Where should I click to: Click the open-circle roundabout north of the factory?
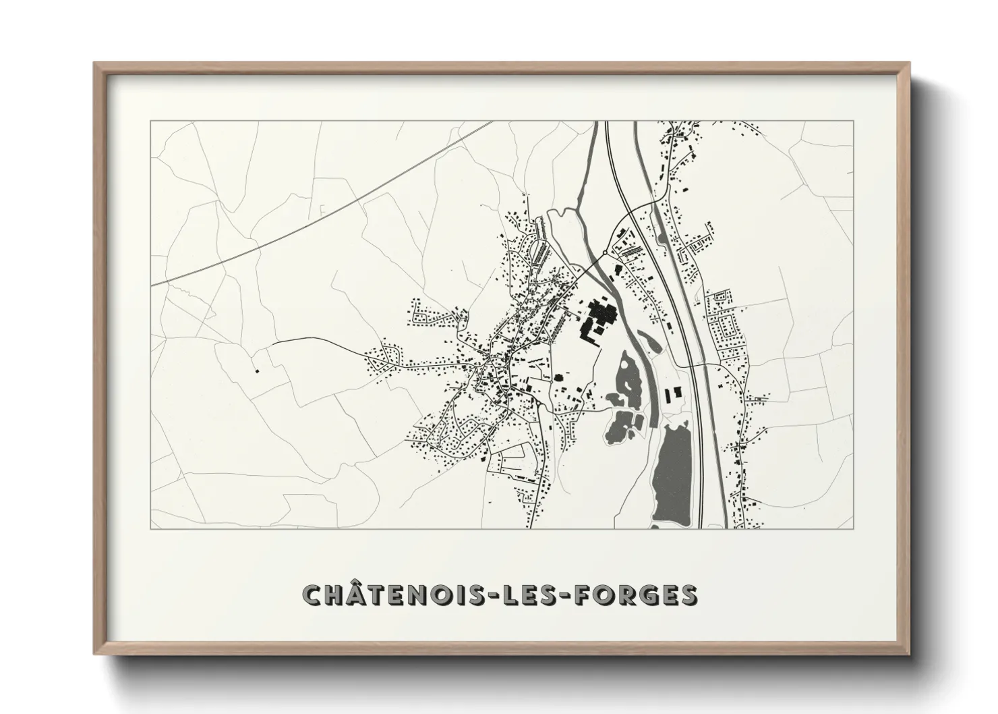pyautogui.click(x=604, y=254)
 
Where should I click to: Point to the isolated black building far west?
pyautogui.click(x=256, y=370)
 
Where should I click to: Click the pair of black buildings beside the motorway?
pyautogui.click(x=673, y=393)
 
